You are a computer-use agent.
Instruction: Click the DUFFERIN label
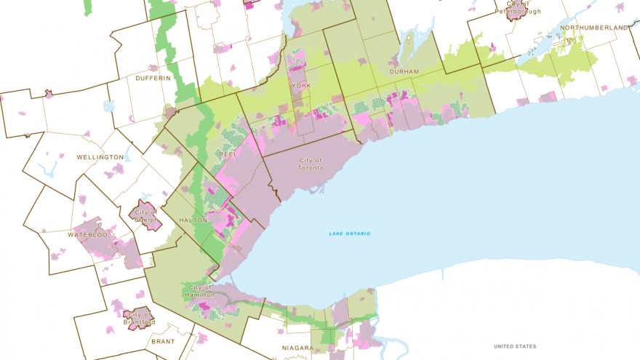(153, 78)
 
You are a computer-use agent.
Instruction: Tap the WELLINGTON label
(100, 157)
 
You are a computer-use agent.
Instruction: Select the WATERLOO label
(88, 235)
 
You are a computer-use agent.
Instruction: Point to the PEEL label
(226, 154)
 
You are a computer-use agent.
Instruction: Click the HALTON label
(193, 220)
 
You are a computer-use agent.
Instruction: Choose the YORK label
(300, 86)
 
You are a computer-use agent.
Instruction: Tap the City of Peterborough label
(519, 8)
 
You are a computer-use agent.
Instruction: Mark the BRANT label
(164, 340)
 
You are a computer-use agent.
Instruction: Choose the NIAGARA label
(297, 348)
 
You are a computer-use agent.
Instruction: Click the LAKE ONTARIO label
(349, 233)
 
